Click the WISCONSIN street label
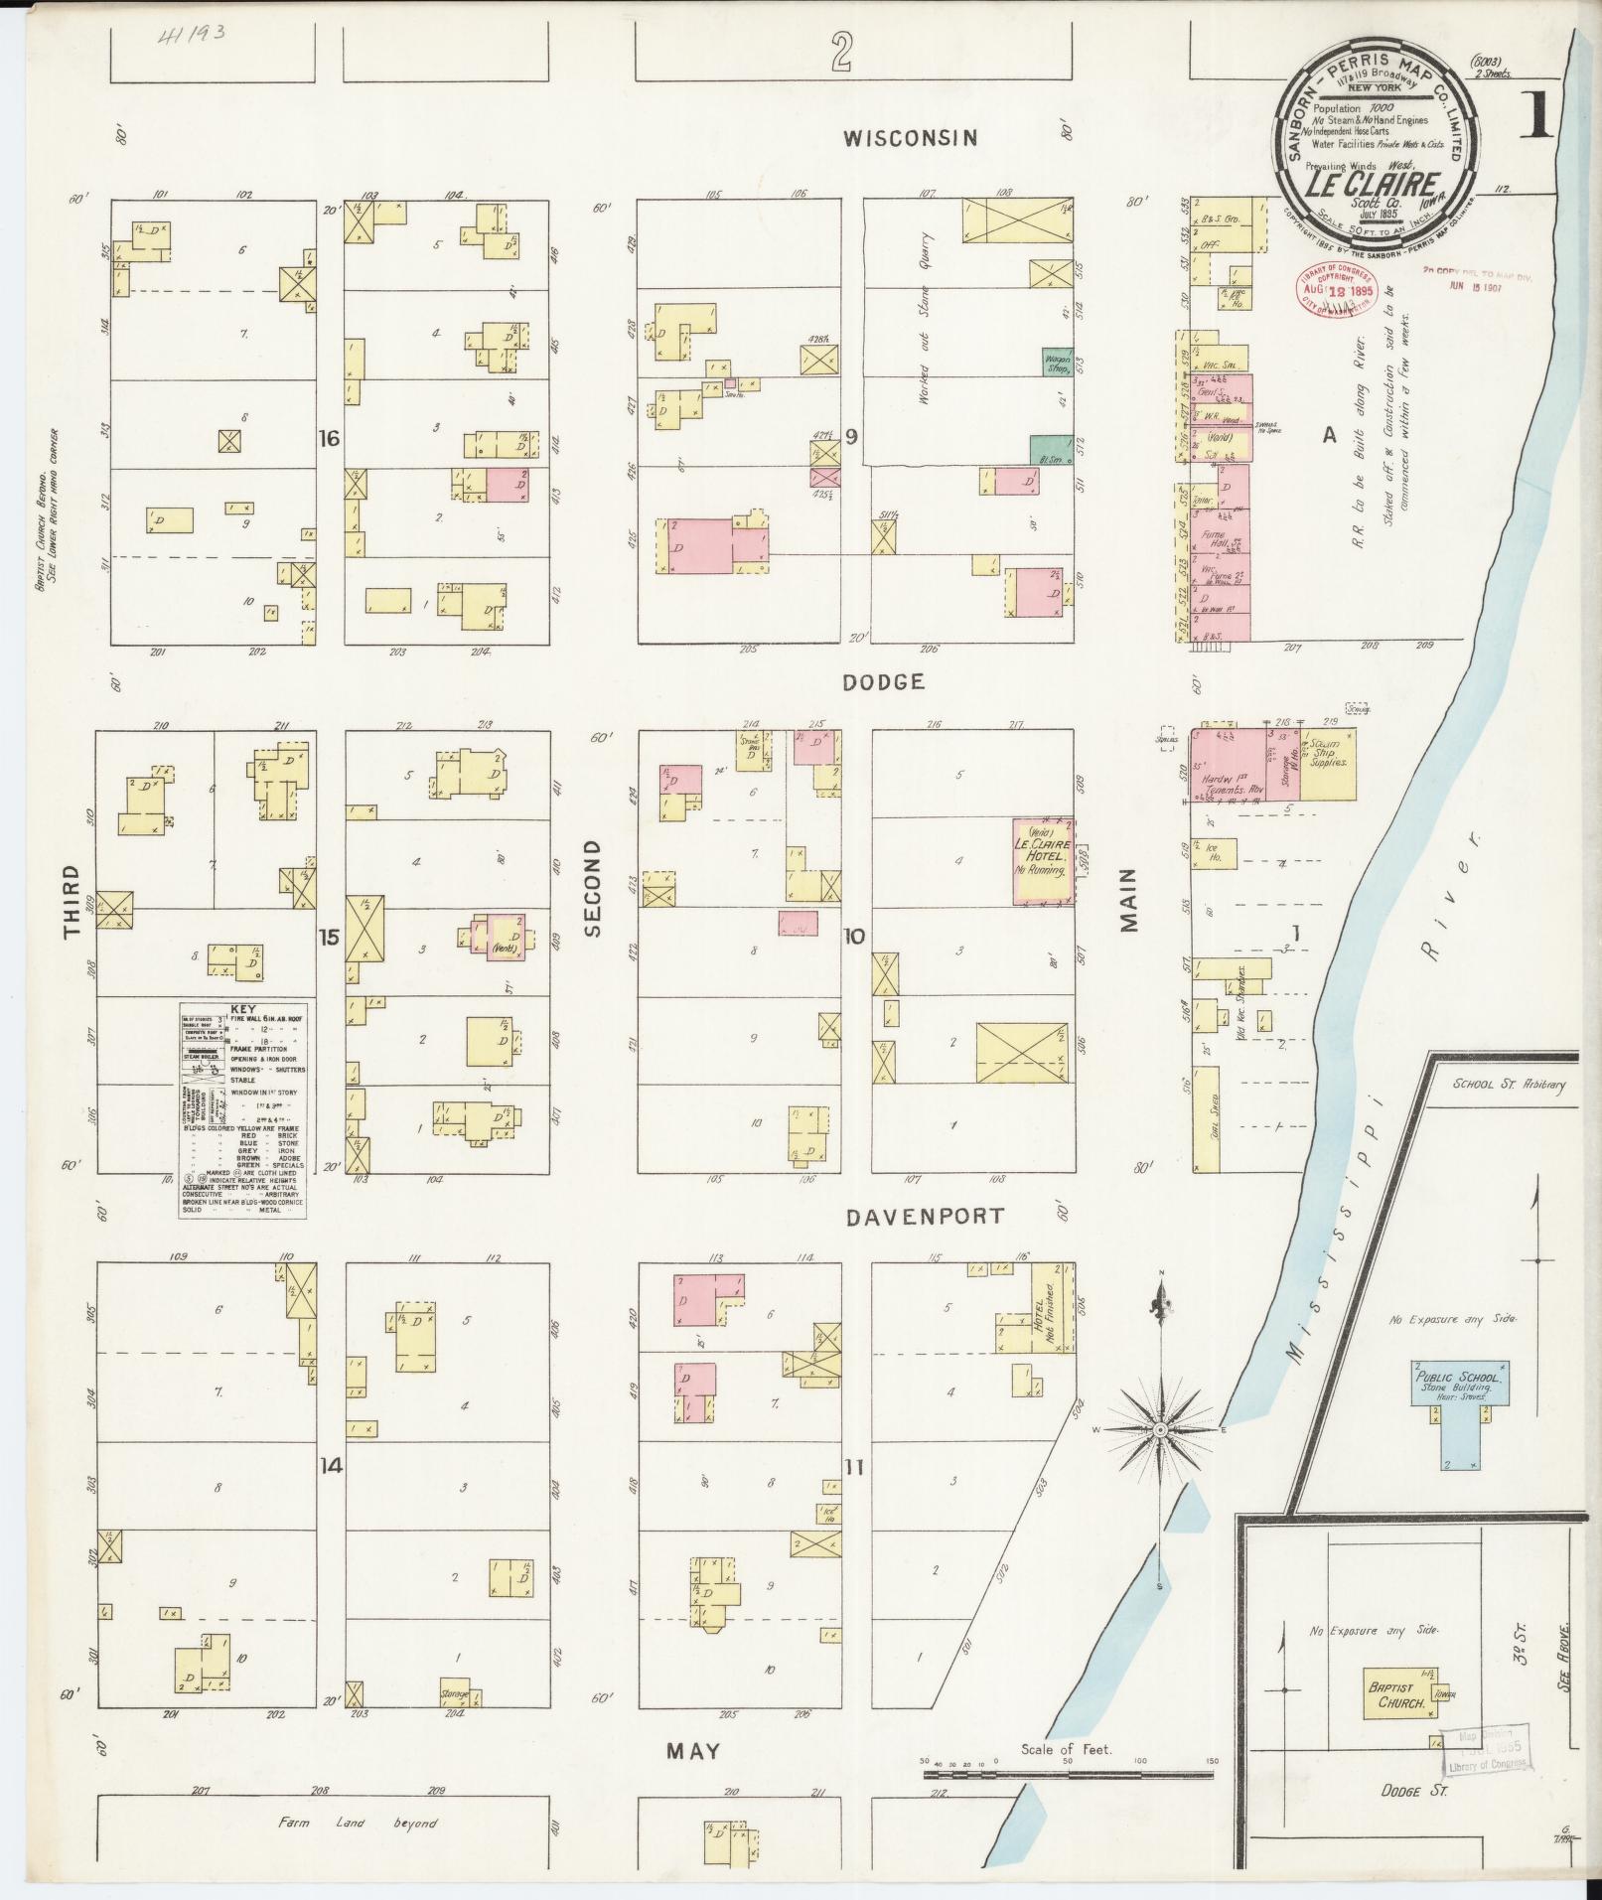[910, 138]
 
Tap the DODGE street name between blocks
[884, 681]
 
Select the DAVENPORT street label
[925, 1216]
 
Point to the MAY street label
[692, 1750]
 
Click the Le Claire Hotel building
[1042, 861]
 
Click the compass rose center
[1159, 1429]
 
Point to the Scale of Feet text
[1067, 1750]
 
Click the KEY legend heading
[242, 1008]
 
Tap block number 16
[330, 437]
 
